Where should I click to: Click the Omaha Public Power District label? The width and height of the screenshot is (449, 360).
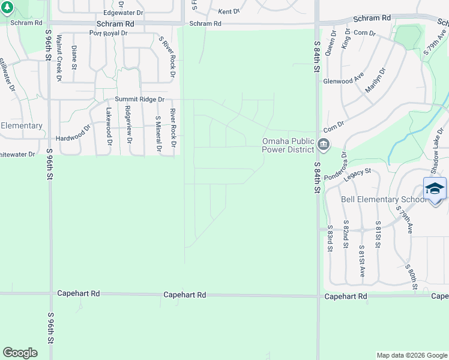coord(288,145)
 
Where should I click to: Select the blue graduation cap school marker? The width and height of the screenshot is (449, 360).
coord(435,188)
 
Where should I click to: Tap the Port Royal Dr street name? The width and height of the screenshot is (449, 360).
coord(108,33)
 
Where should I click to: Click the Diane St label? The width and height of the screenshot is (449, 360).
coord(74,57)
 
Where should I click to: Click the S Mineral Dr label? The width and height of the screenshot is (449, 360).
coord(158,134)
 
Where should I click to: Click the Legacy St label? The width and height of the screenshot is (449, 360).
coord(358,175)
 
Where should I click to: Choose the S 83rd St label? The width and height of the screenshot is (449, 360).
coord(330,239)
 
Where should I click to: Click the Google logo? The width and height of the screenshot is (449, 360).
coord(20,353)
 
